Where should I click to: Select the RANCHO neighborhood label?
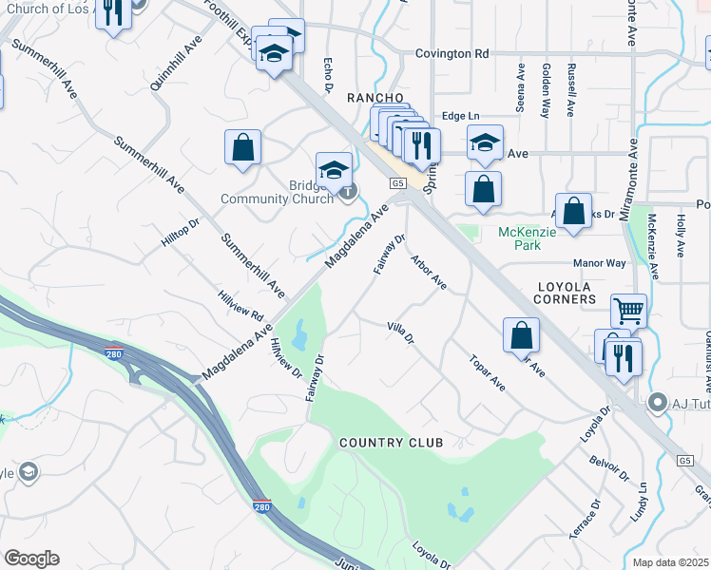pyautogui.click(x=375, y=99)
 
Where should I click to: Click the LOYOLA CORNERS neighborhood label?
pyautogui.click(x=578, y=294)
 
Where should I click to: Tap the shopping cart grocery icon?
pyautogui.click(x=629, y=311)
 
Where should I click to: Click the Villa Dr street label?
pyautogui.click(x=401, y=333)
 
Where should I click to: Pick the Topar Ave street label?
pyautogui.click(x=488, y=372)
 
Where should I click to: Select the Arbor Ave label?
pyautogui.click(x=428, y=271)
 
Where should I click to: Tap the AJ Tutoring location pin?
pyautogui.click(x=656, y=403)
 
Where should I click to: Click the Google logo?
pyautogui.click(x=31, y=559)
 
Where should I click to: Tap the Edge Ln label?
pyautogui.click(x=461, y=116)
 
